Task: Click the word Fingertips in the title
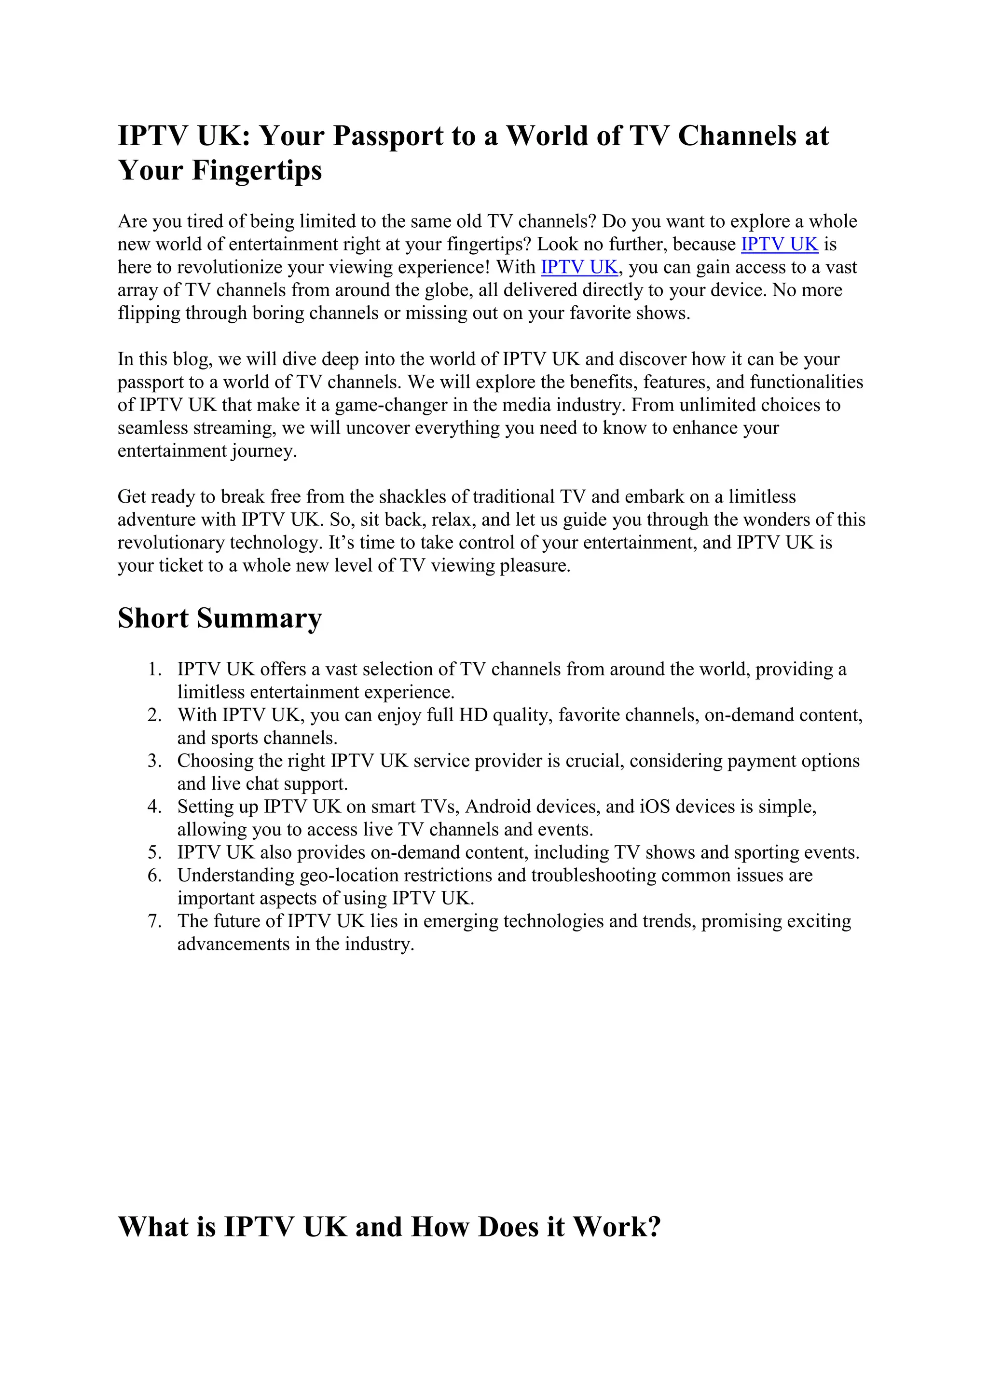pyautogui.click(x=257, y=170)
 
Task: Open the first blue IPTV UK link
pyautogui.click(x=779, y=245)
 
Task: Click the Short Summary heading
pyautogui.click(x=220, y=618)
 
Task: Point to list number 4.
pyautogui.click(x=154, y=808)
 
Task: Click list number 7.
pyautogui.click(x=154, y=922)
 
